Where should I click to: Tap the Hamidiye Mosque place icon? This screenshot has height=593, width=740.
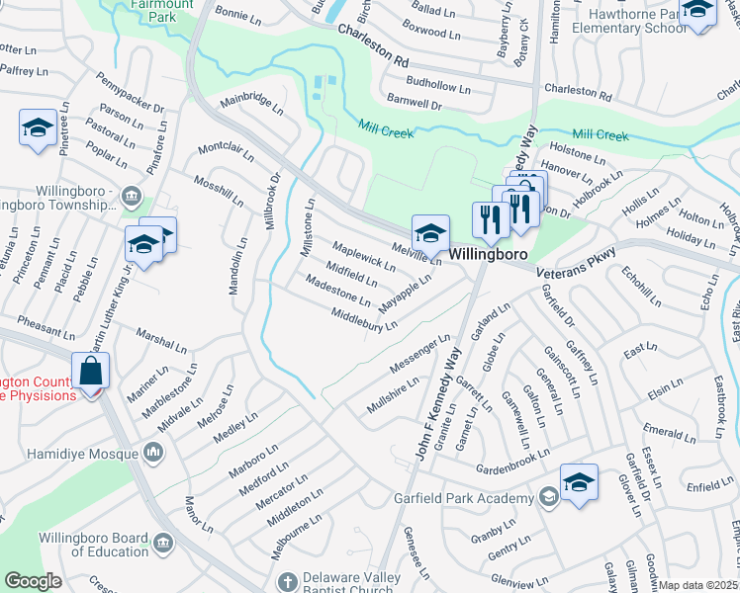pos(152,453)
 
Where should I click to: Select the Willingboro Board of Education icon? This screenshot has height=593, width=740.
pos(164,543)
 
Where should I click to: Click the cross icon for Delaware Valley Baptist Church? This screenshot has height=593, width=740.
pos(287,581)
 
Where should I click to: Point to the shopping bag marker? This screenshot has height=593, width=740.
pos(90,373)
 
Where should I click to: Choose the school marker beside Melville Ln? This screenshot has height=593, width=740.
pos(430,233)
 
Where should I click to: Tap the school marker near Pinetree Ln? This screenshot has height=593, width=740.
pos(38,127)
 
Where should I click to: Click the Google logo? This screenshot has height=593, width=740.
pos(33,581)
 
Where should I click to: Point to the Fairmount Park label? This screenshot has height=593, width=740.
pos(140,11)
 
